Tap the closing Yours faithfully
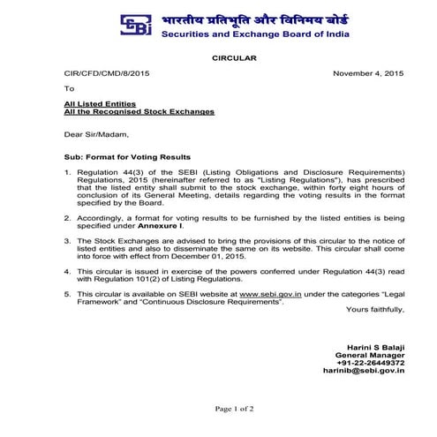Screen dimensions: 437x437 (375, 310)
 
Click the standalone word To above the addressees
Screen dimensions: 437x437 (70, 89)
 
